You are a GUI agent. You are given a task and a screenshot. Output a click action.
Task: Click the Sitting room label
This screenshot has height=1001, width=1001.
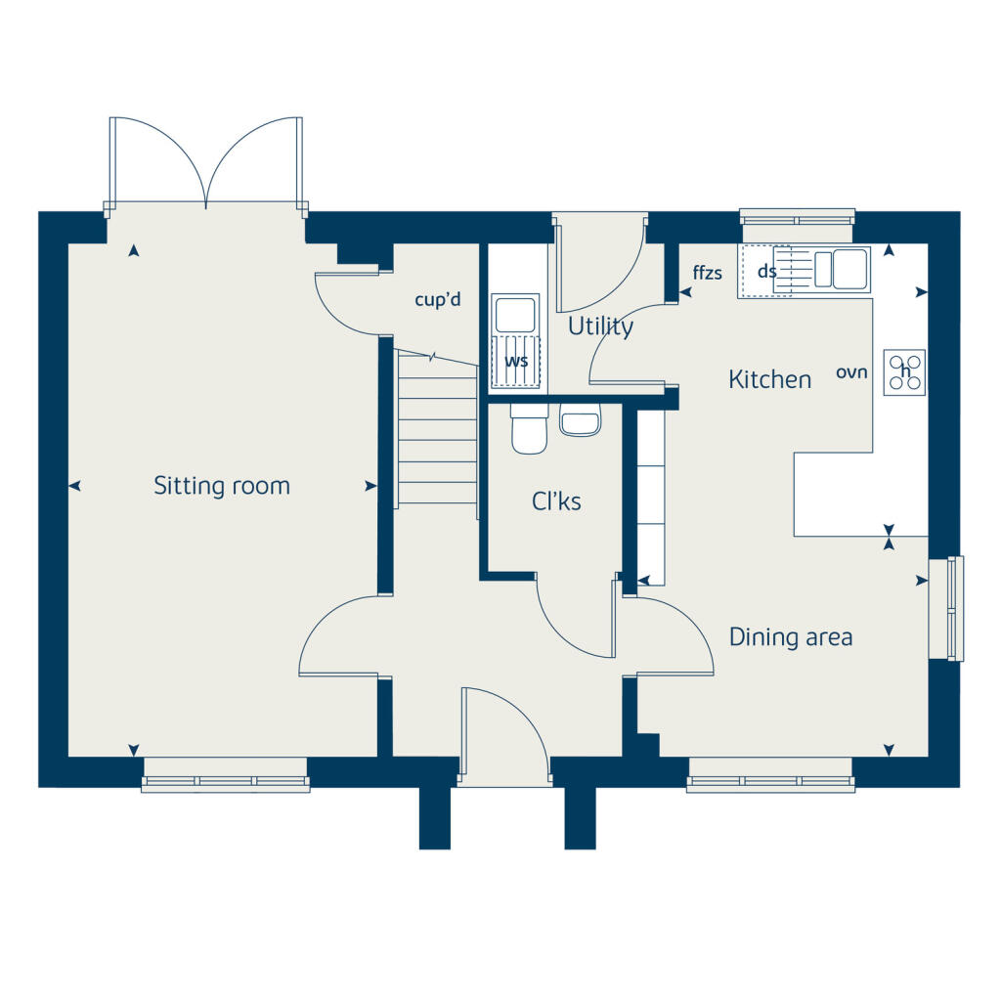(222, 486)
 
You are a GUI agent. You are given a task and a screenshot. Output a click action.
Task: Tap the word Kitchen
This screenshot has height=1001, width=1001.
(769, 379)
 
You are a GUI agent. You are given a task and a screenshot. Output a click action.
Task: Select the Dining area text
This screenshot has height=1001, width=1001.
(791, 637)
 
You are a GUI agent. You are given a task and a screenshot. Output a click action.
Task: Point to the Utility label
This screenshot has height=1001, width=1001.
(600, 326)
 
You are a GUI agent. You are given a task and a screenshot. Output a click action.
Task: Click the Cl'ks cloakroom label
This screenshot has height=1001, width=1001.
(556, 502)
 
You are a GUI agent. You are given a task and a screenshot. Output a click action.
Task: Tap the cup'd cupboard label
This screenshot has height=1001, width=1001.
(437, 300)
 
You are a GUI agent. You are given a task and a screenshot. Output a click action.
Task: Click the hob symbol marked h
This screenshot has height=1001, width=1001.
(904, 371)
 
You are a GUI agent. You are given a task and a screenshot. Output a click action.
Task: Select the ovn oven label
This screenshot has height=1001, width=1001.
(851, 372)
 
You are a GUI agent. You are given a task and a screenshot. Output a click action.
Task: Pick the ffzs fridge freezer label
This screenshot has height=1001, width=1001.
(707, 273)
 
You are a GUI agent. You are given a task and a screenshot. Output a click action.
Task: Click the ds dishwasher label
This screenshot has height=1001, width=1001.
(767, 272)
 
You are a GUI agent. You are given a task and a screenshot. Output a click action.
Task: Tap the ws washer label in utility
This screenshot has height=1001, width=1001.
(516, 361)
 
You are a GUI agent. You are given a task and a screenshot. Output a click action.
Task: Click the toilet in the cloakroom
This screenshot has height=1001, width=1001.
(529, 430)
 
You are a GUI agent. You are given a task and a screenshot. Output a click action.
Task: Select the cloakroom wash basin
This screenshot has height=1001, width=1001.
(580, 422)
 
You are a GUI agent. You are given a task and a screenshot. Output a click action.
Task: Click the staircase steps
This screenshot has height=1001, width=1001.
(436, 430)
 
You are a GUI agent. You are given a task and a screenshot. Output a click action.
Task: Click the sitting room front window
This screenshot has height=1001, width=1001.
(225, 782)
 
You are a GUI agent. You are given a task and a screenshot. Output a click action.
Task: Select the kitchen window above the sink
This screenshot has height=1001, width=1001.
(797, 218)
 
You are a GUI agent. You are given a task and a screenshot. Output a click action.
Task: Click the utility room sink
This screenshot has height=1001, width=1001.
(516, 315)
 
